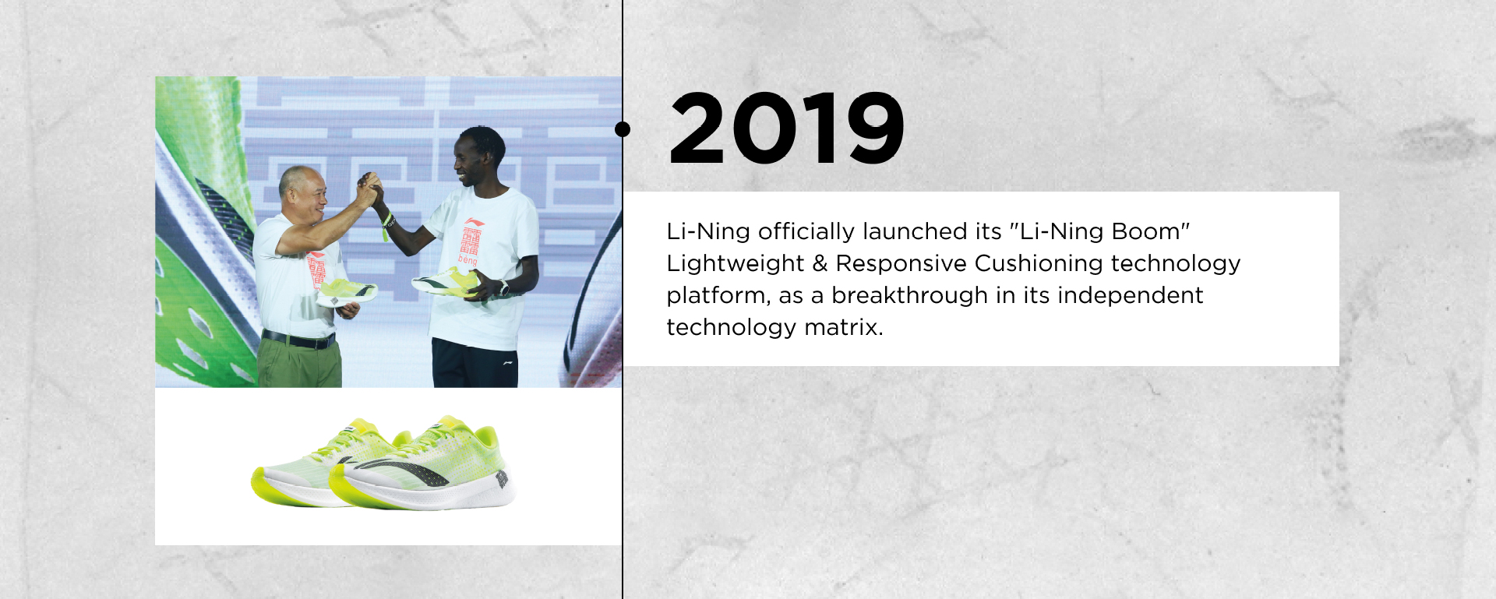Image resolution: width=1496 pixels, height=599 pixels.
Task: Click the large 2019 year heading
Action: pyautogui.click(x=787, y=129)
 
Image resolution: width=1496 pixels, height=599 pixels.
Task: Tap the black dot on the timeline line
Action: pyautogui.click(x=623, y=129)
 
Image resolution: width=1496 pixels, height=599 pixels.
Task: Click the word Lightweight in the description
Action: pyautogui.click(x=735, y=264)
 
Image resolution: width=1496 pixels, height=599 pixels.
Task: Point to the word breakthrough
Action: pyautogui.click(x=910, y=296)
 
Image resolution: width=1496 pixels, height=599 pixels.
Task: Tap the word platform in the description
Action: pyautogui.click(x=718, y=297)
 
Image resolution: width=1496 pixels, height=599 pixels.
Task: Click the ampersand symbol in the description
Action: pyautogui.click(x=820, y=264)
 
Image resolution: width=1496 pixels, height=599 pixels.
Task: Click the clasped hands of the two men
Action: pyautogui.click(x=369, y=189)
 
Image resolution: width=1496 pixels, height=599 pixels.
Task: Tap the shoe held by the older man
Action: pyautogui.click(x=348, y=291)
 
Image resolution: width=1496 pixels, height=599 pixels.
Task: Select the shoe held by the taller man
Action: pyautogui.click(x=446, y=281)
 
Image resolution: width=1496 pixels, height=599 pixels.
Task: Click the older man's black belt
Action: pyautogui.click(x=298, y=340)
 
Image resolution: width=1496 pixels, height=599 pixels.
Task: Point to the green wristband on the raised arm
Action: pyautogui.click(x=386, y=226)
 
